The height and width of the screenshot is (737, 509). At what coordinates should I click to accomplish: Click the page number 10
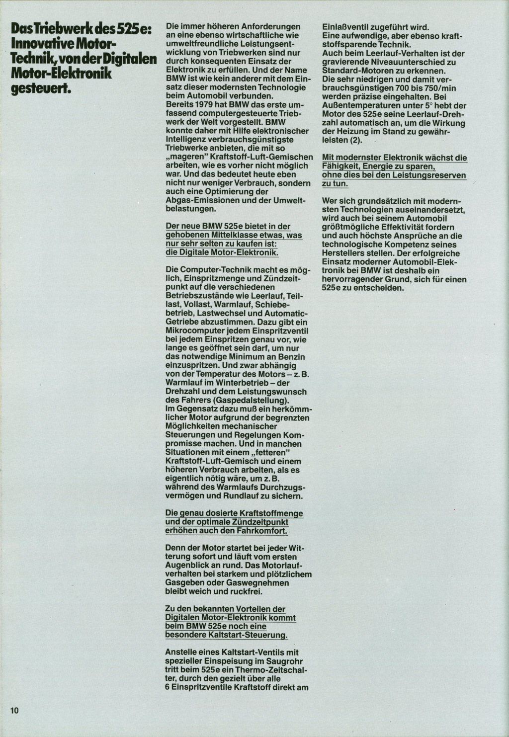14,710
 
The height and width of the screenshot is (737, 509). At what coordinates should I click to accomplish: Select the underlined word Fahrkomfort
264,530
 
